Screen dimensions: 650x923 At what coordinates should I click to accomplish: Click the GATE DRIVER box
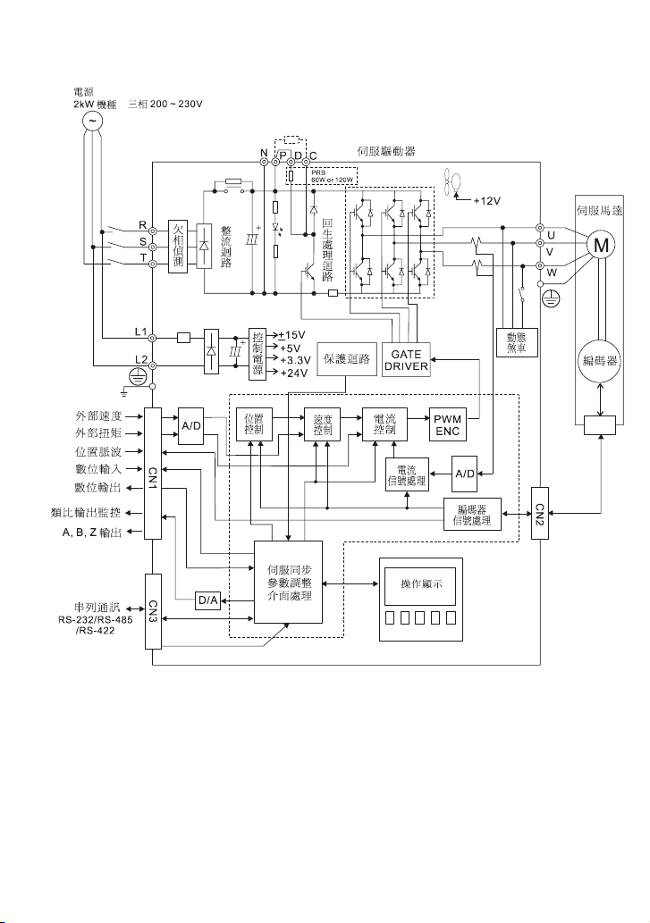406,360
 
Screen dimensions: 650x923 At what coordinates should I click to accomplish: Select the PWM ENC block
447,424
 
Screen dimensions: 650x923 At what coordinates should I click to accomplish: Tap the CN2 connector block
539,513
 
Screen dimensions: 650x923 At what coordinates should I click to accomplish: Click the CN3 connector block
153,611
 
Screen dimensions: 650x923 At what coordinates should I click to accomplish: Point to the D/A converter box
207,600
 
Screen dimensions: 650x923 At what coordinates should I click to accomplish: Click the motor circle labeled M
601,244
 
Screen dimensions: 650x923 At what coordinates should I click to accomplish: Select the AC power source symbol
92,122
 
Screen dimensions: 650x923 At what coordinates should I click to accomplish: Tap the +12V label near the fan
487,201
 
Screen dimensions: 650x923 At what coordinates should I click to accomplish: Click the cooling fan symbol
452,180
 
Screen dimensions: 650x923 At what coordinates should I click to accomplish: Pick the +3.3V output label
295,360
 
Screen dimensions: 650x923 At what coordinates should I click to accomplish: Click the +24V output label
294,373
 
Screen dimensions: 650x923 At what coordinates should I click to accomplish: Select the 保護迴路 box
347,358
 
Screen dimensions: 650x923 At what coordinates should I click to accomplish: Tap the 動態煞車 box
517,342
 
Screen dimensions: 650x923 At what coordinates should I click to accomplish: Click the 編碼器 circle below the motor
600,360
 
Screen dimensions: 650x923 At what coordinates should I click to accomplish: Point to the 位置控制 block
254,424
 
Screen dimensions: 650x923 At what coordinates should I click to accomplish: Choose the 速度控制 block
323,424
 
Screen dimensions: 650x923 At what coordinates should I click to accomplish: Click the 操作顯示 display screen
421,584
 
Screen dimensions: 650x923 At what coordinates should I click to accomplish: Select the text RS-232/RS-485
96,620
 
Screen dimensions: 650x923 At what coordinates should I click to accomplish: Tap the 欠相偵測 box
178,247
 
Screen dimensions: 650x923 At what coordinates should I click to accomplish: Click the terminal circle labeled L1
152,338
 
